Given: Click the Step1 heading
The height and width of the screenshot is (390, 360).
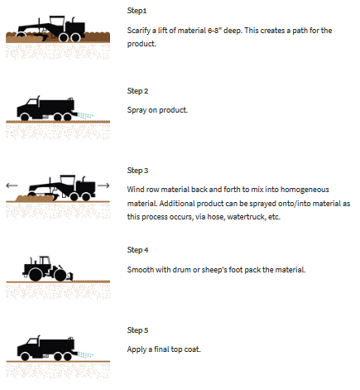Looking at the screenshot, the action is pos(137,11).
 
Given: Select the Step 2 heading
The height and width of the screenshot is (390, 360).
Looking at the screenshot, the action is pos(137,91).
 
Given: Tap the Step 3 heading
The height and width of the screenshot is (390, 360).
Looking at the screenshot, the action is pos(137,171).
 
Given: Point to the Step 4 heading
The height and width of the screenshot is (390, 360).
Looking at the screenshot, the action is pos(137,250).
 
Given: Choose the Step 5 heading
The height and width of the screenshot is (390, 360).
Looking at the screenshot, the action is pos(137,330).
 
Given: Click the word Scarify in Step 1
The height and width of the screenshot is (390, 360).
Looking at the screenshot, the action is pos(137,31).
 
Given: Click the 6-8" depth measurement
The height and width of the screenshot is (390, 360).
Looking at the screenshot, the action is pos(214,31).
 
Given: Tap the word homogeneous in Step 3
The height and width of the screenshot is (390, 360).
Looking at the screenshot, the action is pos(305,190).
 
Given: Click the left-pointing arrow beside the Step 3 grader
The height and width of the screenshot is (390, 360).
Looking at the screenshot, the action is pos(12,185).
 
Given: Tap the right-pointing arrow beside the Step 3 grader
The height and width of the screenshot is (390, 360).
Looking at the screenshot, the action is pos(103,185).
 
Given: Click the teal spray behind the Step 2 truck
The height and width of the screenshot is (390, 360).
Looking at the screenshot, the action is pos(85,115).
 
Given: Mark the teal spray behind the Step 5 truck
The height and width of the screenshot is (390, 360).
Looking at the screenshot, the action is pos(85,354).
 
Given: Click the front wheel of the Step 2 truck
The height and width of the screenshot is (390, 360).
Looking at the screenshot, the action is pos(25,118).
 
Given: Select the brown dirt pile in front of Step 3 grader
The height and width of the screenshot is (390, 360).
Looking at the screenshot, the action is pos(34,198).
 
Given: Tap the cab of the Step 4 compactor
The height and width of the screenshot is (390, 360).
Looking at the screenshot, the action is pos(45,261).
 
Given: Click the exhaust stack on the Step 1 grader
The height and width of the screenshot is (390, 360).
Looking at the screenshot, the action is pos(73,20).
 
